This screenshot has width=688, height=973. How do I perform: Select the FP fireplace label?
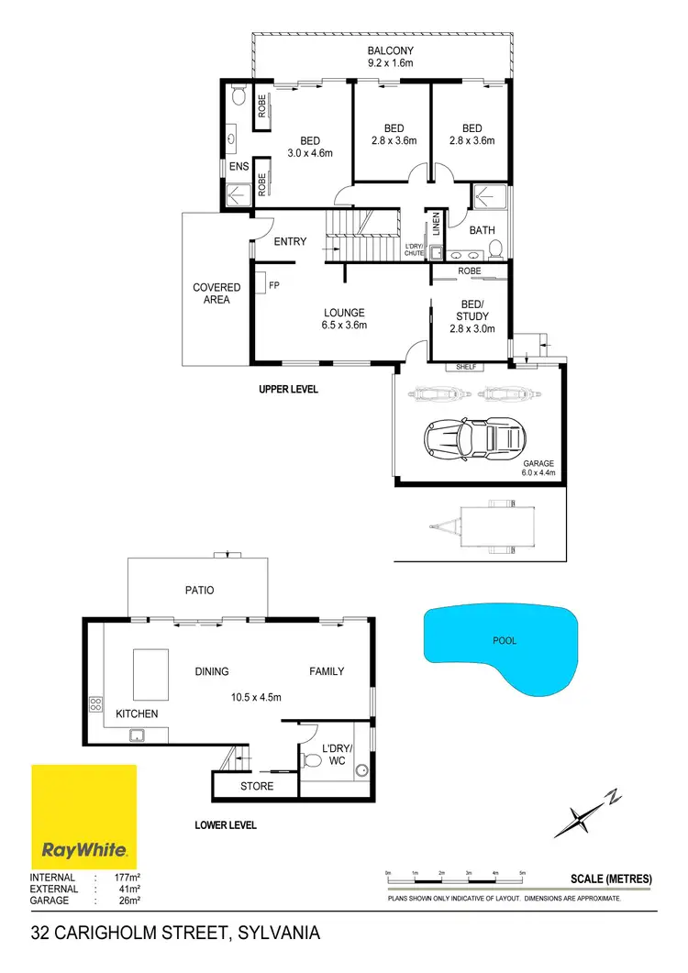[273, 285]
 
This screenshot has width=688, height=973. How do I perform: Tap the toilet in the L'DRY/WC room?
[313, 758]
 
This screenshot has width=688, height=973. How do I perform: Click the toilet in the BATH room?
[494, 248]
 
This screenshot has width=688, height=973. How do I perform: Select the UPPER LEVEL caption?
[288, 389]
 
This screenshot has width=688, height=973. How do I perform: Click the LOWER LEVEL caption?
[226, 824]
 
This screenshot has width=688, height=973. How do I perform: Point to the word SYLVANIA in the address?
[279, 934]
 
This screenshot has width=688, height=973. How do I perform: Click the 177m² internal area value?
[118, 877]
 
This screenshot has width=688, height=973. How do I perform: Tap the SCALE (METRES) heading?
[610, 879]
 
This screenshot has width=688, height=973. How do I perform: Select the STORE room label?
[257, 786]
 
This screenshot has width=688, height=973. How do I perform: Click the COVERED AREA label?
[216, 293]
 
